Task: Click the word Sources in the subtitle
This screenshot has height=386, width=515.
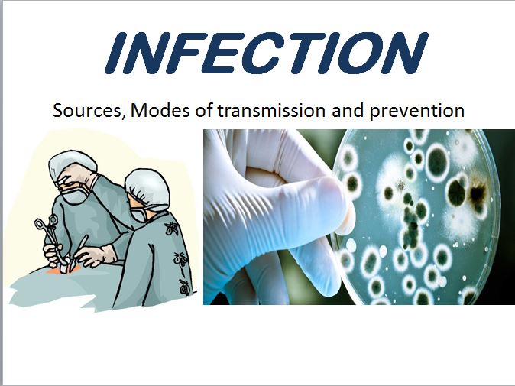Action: click(x=87, y=110)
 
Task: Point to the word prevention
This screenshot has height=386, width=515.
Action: click(x=417, y=111)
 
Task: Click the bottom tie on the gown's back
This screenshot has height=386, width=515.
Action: click(x=183, y=286)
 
